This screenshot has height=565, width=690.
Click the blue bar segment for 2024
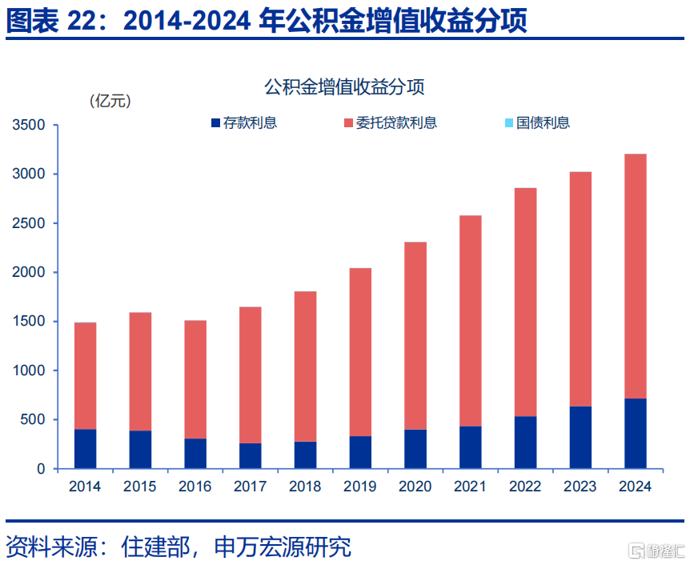[635, 434]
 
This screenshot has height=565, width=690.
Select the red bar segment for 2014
[86, 376]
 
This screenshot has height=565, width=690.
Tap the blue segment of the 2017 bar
[251, 456]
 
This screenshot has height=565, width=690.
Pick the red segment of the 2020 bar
[415, 336]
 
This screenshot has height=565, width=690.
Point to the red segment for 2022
[525, 303]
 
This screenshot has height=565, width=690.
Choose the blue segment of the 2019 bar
[360, 452]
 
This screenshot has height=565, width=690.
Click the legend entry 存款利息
[244, 122]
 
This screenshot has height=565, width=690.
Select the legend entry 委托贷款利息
[391, 122]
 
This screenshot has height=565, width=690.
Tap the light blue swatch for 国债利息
[509, 122]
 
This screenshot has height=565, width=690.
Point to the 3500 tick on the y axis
[29, 125]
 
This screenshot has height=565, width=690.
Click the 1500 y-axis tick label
[29, 321]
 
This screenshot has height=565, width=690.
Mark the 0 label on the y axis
[41, 469]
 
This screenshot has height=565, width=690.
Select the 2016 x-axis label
[195, 487]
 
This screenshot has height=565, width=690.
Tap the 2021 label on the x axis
[470, 487]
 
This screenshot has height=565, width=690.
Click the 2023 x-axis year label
[580, 487]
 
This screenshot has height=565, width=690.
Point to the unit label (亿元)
[110, 101]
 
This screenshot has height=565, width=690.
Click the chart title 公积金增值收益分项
[344, 86]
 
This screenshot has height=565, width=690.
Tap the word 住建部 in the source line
[155, 547]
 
